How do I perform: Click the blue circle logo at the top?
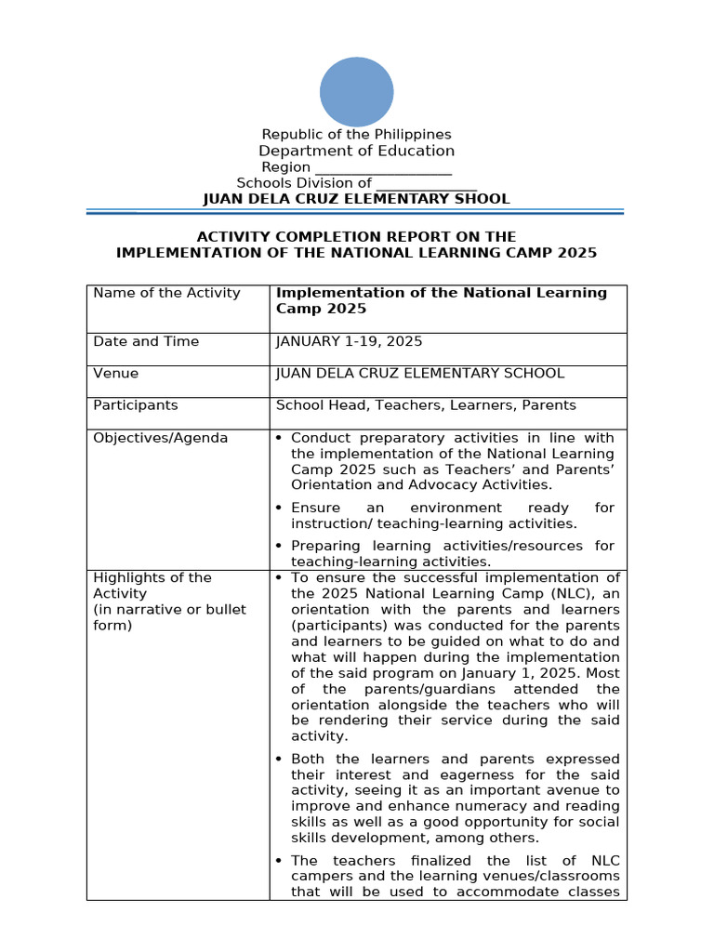coord(356,91)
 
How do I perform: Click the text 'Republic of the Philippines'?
coord(356,135)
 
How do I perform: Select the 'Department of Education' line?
coord(356,151)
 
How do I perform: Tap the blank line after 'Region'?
coord(383,168)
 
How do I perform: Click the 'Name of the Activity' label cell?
coord(166,293)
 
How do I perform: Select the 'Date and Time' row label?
coord(146,341)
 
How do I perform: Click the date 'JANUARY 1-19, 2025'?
coord(349,341)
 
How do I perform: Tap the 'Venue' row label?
coord(116,373)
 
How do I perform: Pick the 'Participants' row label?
coord(136,404)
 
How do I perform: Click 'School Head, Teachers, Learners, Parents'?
coord(426,404)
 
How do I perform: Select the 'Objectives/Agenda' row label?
coord(160,437)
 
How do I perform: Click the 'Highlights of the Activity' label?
coord(152,586)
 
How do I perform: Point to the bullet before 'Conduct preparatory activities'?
coord(280,438)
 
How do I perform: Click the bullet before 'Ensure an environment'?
coord(280,508)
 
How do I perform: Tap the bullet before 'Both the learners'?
coord(280,759)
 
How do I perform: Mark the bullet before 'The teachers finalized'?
coord(280,861)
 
